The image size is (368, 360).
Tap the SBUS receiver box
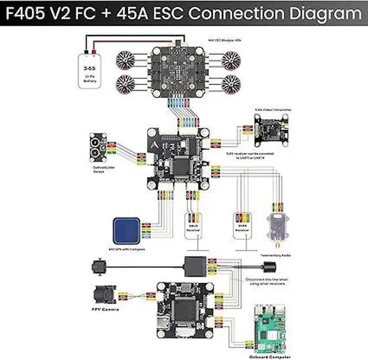[192, 225]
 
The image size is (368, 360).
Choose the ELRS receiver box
[241, 225]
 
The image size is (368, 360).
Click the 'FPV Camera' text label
[102, 311]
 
